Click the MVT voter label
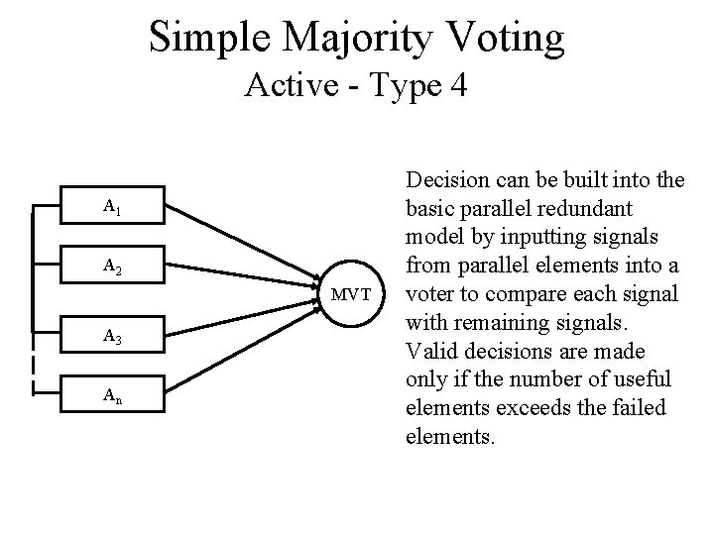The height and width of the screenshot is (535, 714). click(x=351, y=295)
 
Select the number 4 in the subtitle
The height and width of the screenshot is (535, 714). click(x=457, y=87)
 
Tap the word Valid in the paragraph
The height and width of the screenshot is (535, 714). click(x=429, y=351)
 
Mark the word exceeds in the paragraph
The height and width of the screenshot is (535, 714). click(x=521, y=407)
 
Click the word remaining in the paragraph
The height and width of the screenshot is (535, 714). click(x=506, y=323)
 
